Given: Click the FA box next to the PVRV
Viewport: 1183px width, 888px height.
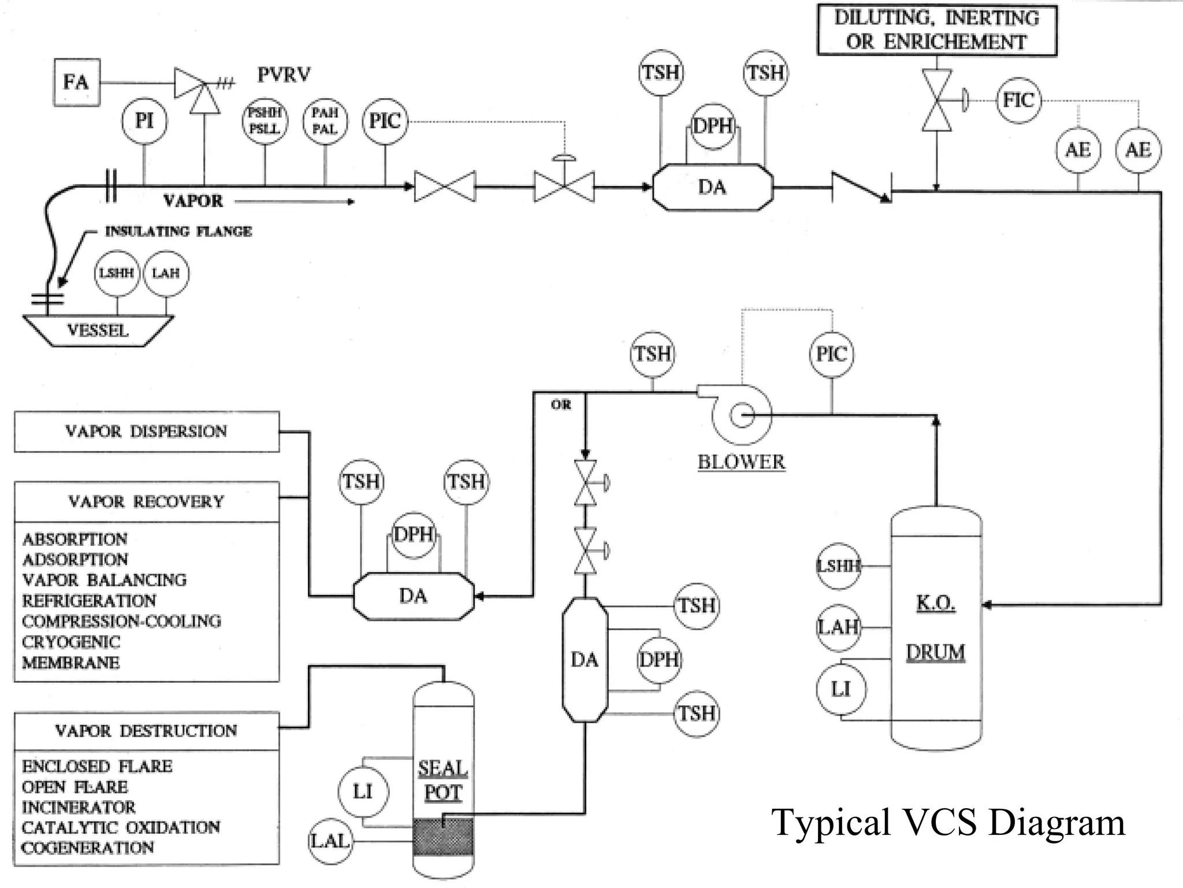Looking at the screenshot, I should coord(76,82).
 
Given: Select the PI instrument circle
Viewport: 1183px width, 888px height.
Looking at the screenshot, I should coord(144,121).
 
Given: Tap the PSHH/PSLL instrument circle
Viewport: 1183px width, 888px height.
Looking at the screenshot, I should coord(265,121).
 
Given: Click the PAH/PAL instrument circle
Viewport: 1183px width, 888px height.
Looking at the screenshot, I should coord(325,121).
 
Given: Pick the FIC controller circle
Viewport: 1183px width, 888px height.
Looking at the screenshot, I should coord(1018,100).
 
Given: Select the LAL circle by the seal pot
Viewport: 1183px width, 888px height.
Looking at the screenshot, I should coord(329,841).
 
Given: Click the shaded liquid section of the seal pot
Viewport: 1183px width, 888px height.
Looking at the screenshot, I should coord(443,837).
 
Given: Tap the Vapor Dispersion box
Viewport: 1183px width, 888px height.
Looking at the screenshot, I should coord(146,432).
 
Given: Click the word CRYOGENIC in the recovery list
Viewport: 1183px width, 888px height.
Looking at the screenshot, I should coord(71,642).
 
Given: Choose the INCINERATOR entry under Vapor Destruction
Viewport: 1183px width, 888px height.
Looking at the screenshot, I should coord(79,807).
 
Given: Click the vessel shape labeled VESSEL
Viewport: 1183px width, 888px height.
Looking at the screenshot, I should coord(98,331).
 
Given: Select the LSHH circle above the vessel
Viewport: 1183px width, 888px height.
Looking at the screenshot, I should coord(117,273).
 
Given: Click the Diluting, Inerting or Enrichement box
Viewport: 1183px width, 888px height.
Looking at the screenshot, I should coord(936,30).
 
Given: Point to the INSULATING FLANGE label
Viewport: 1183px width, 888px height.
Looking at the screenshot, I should coord(178,232).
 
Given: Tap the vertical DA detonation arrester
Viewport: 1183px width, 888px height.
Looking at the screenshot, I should coord(585,660).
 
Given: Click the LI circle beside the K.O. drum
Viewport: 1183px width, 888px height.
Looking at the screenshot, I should coord(840,689).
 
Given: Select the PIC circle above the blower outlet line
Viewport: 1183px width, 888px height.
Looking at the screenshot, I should coord(831,354).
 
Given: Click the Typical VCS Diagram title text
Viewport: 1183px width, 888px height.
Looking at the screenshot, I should coord(948,823).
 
